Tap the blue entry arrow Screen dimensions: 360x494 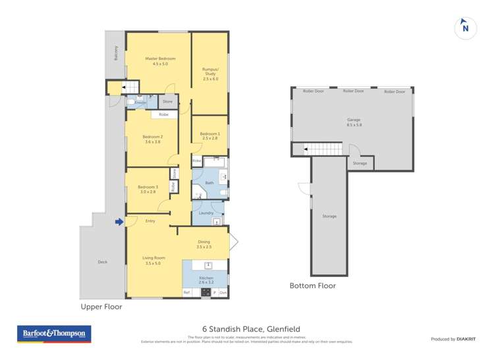click(x=119, y=222)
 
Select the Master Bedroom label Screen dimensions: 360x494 click(x=160, y=61)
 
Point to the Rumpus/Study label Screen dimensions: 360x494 click(x=210, y=74)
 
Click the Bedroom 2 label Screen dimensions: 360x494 click(x=152, y=139)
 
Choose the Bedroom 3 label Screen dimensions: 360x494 click(x=148, y=189)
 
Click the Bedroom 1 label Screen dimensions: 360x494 click(x=210, y=136)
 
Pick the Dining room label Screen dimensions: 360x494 click(x=204, y=244)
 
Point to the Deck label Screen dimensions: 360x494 click(x=102, y=262)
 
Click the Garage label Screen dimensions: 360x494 click(x=354, y=122)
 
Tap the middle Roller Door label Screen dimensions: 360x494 click(x=354, y=91)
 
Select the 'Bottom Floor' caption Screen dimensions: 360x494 click(x=313, y=286)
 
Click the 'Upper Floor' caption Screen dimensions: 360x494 click(x=101, y=306)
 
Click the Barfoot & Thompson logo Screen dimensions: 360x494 click(x=54, y=334)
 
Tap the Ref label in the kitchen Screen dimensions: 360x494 click(x=187, y=292)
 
